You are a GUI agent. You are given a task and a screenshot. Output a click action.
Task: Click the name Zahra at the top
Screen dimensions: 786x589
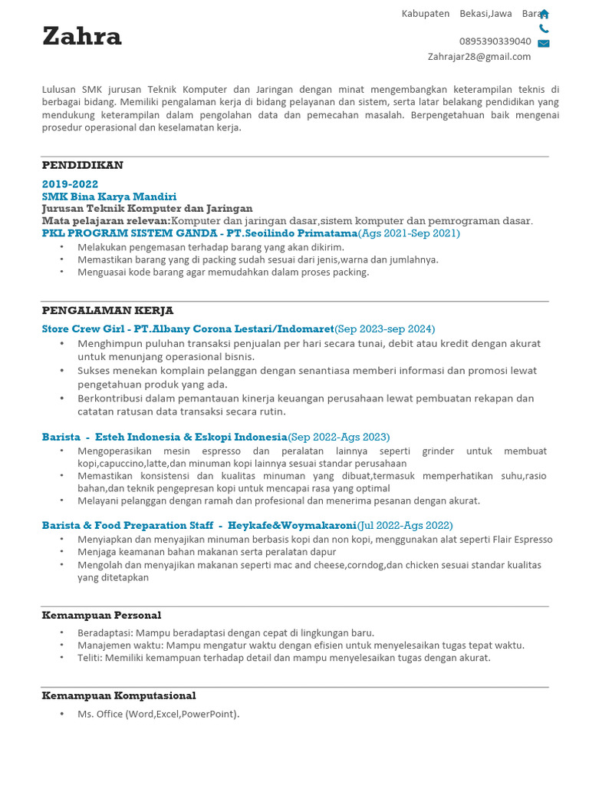tap(82, 36)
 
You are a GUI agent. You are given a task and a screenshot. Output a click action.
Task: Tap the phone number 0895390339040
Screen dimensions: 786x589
tap(495, 41)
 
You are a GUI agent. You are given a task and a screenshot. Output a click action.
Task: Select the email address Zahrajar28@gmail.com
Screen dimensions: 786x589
tap(479, 56)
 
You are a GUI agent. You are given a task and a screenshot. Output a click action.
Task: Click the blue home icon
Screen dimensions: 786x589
tap(544, 14)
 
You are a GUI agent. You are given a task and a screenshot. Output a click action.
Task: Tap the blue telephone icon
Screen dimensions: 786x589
tap(544, 29)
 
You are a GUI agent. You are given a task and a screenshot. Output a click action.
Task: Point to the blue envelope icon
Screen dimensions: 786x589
tap(544, 44)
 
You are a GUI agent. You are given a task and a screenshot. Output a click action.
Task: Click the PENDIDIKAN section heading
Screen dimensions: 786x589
tap(82, 165)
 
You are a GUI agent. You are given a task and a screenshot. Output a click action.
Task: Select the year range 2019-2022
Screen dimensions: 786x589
tap(70, 184)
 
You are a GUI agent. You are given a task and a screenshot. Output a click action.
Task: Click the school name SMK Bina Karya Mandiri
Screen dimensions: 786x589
tap(109, 196)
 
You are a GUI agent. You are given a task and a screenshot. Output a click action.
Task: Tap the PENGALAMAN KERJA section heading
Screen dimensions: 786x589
tap(107, 310)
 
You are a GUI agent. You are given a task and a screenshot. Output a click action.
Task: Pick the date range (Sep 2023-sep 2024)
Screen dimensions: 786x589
tap(385, 329)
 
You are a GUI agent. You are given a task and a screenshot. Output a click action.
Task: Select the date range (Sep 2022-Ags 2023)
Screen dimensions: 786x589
tap(338, 436)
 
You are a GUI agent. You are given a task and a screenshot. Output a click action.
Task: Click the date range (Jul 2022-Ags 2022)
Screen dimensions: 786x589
tap(405, 525)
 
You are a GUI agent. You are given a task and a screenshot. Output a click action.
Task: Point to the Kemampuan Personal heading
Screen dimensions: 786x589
tap(101, 615)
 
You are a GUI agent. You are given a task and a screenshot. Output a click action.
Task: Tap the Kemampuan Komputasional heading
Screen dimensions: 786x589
tap(119, 695)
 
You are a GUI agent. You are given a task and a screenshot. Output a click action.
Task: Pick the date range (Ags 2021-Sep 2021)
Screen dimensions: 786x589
tap(409, 233)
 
